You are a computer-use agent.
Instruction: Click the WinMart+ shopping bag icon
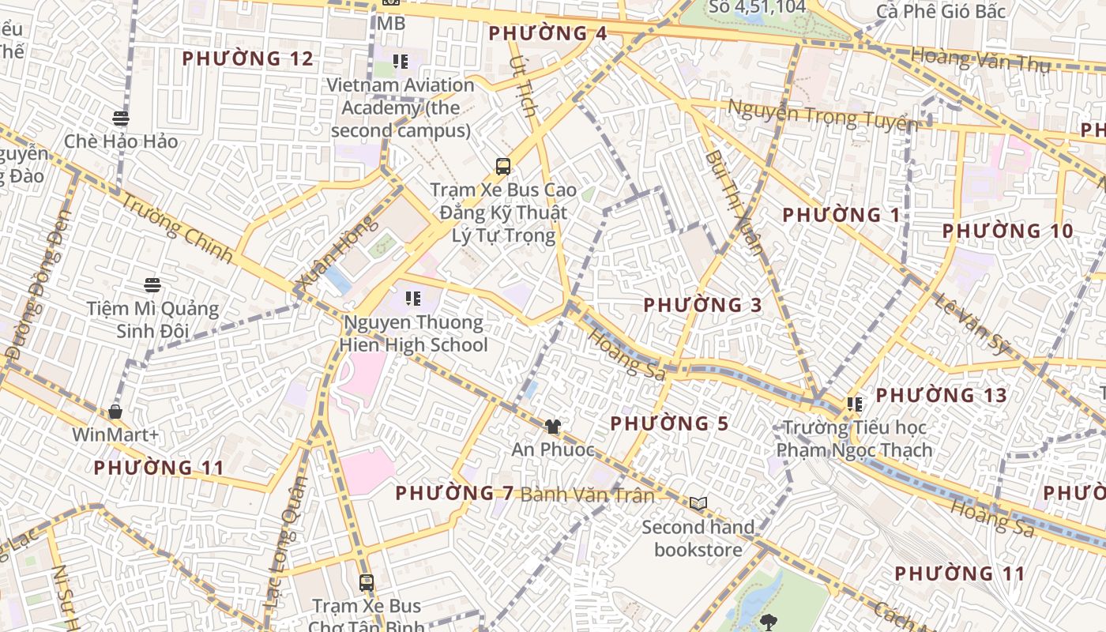coord(115,412)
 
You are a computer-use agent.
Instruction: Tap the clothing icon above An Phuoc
coord(552,427)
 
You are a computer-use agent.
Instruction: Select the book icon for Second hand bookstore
coord(698,503)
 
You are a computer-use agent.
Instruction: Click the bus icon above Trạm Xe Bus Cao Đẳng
coord(503,166)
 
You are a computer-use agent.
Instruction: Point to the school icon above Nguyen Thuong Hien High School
coord(412,299)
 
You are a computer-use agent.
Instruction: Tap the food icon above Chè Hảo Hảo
coord(120,118)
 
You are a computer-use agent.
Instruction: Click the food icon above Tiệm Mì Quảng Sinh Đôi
coord(152,285)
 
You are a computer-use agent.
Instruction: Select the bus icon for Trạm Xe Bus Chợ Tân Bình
coord(366,583)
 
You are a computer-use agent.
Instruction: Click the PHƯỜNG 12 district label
coord(247,58)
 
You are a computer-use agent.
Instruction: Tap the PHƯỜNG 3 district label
coord(703,305)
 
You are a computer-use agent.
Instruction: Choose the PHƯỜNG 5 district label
coord(669,423)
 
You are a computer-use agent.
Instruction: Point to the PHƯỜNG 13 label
coord(941,395)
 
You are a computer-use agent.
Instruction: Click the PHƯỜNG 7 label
coord(454,493)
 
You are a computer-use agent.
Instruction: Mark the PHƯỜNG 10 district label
coord(1007,231)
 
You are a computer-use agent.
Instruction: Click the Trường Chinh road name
coord(178,228)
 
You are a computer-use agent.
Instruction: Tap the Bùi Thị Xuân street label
coord(735,202)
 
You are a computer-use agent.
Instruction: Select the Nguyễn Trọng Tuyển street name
coord(822,115)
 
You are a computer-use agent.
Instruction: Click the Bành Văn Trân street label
coord(587,495)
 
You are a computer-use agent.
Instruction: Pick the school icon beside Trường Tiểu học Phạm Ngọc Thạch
coord(854,404)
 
